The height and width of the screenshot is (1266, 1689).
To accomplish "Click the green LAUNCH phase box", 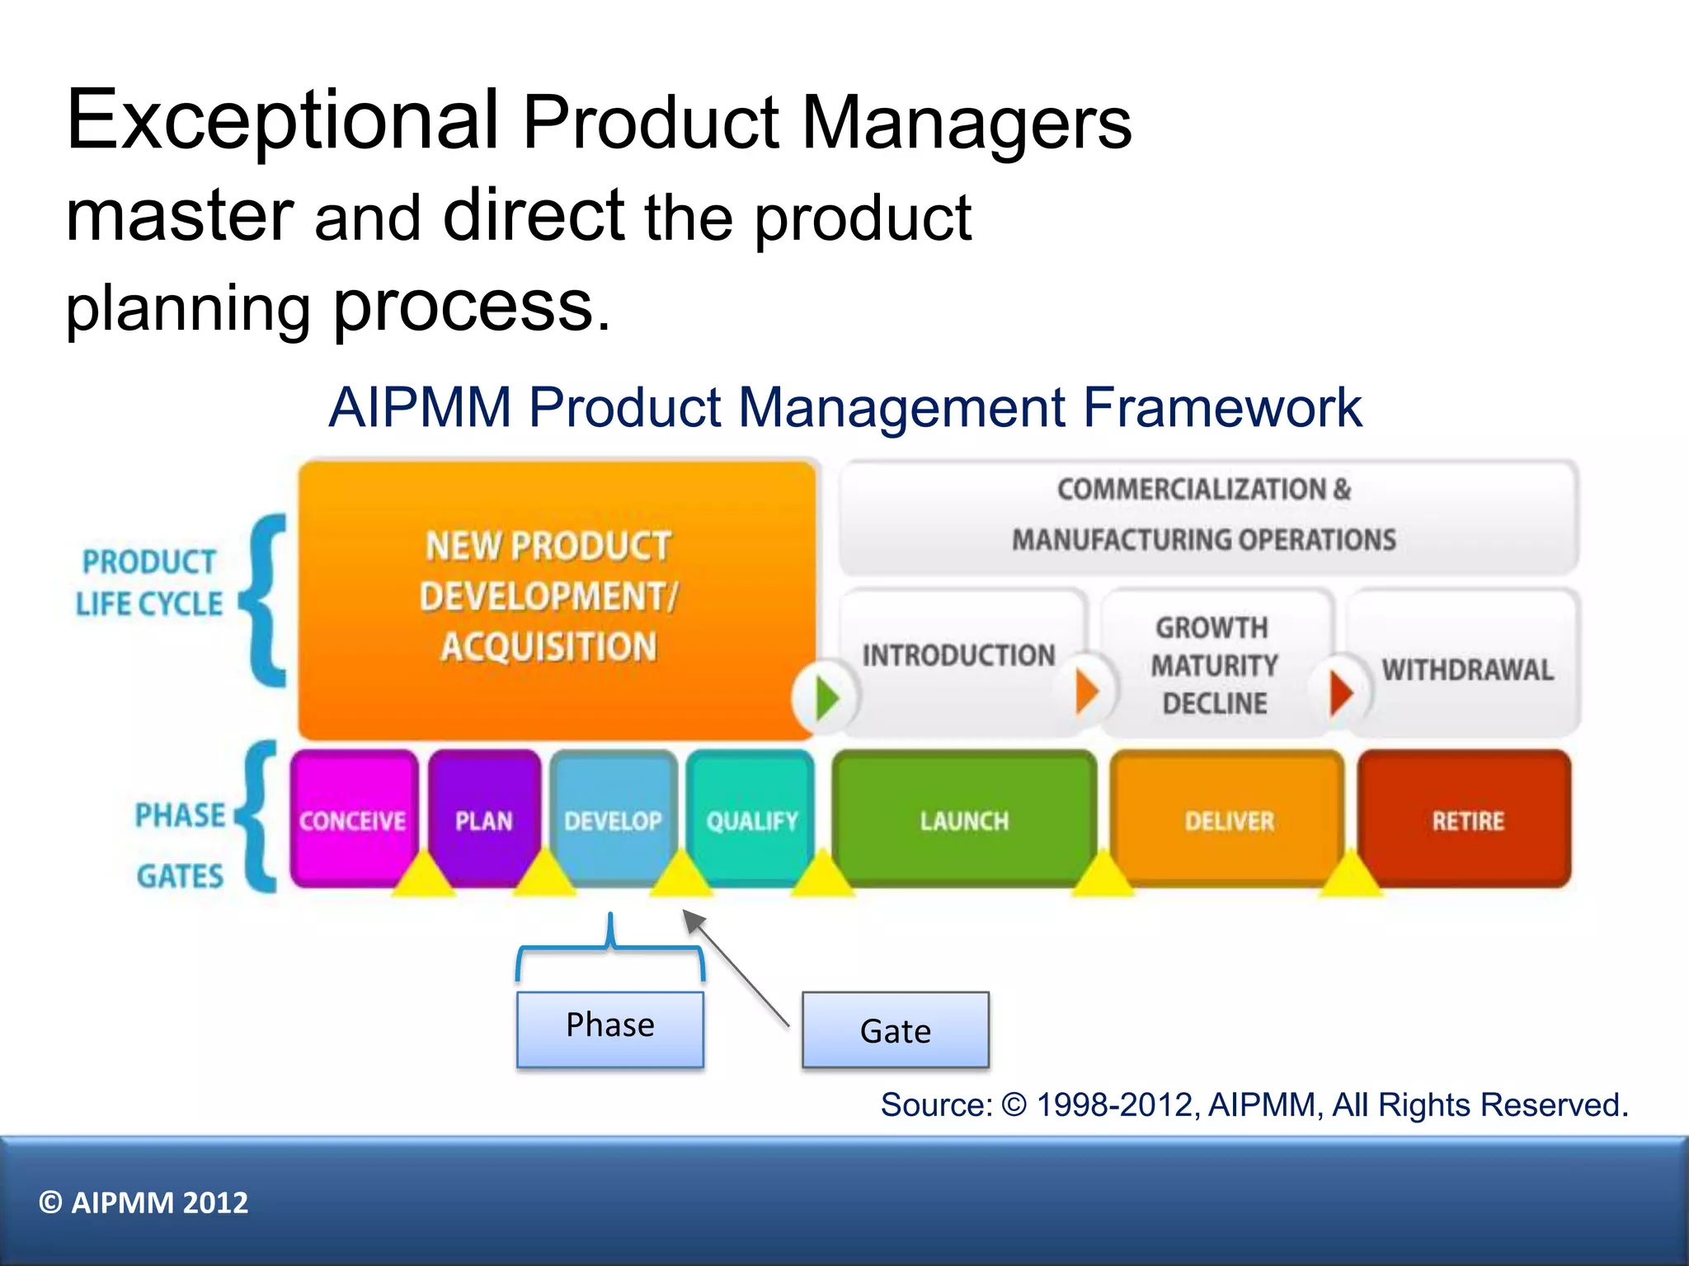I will click(x=964, y=816).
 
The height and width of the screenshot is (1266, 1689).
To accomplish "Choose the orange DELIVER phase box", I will click(x=1229, y=816).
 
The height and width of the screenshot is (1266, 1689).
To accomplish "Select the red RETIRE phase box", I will click(x=1466, y=816).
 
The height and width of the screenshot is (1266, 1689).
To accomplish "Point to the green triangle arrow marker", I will click(x=826, y=698).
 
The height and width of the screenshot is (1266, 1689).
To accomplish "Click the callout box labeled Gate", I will click(x=895, y=1030).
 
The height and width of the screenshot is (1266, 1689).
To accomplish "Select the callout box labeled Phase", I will click(x=610, y=1029).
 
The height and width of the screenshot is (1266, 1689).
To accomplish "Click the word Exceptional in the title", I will click(x=282, y=121).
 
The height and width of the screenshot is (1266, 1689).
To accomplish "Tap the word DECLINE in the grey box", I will click(x=1215, y=703).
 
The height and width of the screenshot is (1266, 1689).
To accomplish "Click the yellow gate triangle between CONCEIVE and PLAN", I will click(x=423, y=876).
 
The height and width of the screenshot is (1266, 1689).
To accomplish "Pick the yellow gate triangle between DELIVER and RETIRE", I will click(x=1350, y=876).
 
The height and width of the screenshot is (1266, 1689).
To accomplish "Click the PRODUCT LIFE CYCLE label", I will click(x=149, y=583).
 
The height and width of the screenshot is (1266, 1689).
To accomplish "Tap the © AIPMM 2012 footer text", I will click(x=143, y=1203).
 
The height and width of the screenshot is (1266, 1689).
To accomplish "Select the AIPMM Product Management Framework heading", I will click(x=844, y=407).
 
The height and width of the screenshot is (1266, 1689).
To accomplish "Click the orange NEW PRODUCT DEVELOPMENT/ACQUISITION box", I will click(x=548, y=597).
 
